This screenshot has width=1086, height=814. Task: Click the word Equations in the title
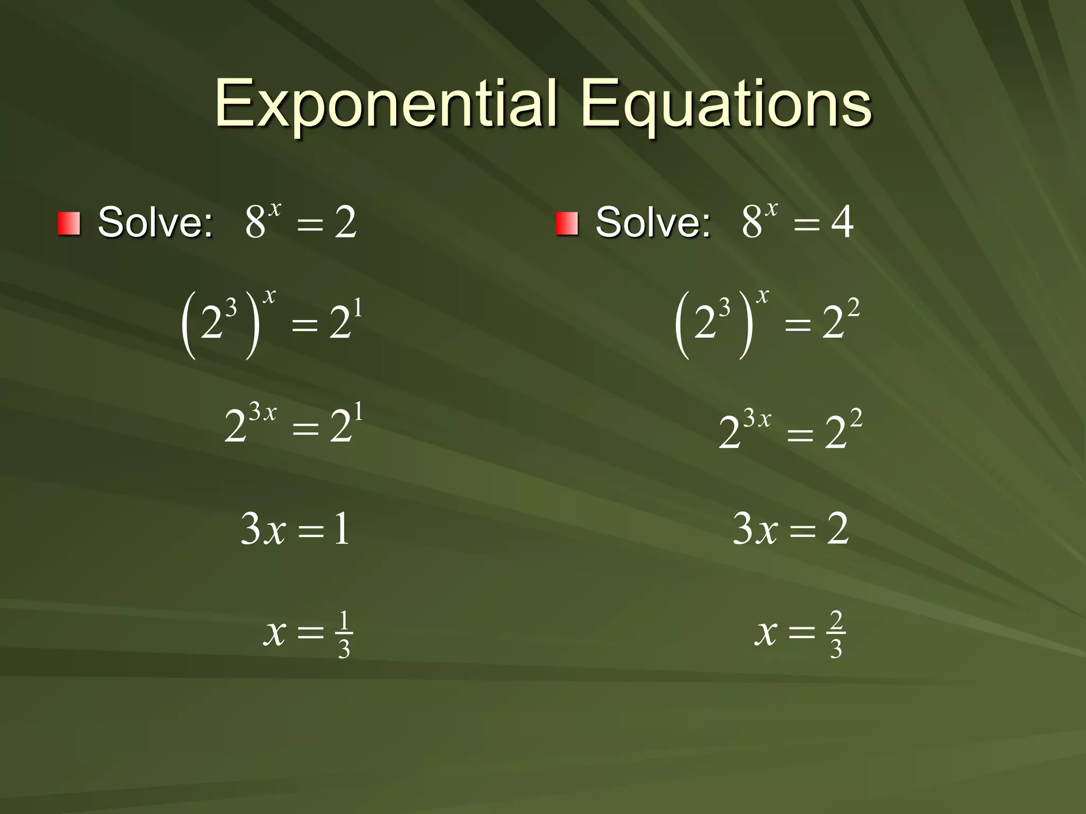click(x=726, y=104)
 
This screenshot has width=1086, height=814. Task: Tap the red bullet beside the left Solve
click(x=69, y=223)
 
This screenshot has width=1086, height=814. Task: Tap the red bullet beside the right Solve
click(x=566, y=223)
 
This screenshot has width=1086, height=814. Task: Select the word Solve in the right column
click(x=652, y=222)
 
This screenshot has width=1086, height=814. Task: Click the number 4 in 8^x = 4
click(x=842, y=222)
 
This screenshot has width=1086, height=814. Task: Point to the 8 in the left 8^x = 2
click(x=255, y=223)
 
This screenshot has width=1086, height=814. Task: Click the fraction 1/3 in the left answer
click(x=344, y=634)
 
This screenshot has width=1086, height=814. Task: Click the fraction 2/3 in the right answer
click(x=836, y=634)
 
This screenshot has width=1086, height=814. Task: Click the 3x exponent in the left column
click(x=263, y=412)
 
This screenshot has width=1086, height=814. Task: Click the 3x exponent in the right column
click(x=757, y=419)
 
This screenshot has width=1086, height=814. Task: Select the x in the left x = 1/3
click(x=275, y=633)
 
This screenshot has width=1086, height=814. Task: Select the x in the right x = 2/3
click(x=766, y=633)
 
